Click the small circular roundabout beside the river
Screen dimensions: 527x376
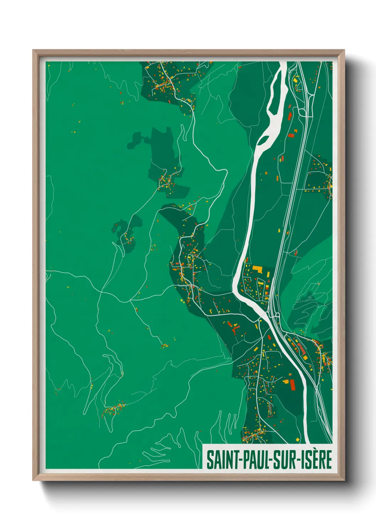tap(276, 315)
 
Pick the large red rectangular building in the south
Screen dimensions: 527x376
tap(292, 385)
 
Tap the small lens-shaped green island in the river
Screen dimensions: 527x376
tap(264, 140)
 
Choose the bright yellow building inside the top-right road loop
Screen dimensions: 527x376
tap(295, 80)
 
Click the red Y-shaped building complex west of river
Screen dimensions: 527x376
tap(233, 328)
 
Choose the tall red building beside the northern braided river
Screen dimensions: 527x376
tap(290, 116)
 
